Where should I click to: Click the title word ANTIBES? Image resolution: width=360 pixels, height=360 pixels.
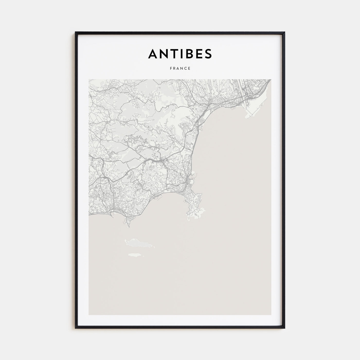point(180,53)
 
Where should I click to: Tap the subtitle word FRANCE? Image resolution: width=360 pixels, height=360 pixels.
point(180,68)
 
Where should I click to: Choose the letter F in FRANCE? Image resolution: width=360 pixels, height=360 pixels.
point(171,68)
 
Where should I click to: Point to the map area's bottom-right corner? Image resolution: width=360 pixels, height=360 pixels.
point(271,314)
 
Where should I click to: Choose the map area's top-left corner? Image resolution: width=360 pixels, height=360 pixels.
point(89,79)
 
